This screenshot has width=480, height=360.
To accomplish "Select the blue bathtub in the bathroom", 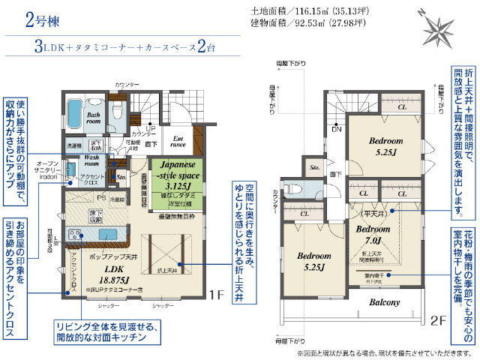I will (76, 115).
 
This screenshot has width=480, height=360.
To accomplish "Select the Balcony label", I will (384, 302).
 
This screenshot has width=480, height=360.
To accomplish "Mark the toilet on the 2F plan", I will (294, 187).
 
